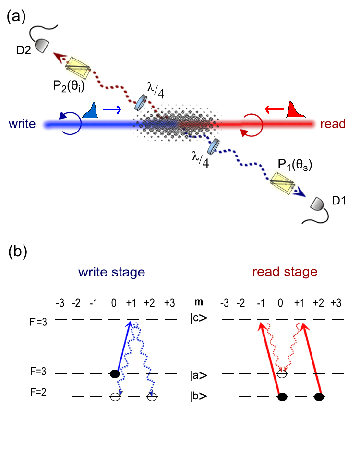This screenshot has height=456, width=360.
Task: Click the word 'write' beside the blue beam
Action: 23,124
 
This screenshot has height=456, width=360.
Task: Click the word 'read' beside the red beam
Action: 333,124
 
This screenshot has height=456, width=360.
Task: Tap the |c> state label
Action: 199,319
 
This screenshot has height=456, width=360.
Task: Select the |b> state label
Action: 199,397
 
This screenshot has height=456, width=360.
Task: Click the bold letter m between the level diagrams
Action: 198,303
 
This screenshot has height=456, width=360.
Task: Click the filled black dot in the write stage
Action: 114,373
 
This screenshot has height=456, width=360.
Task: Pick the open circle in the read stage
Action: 283,373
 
